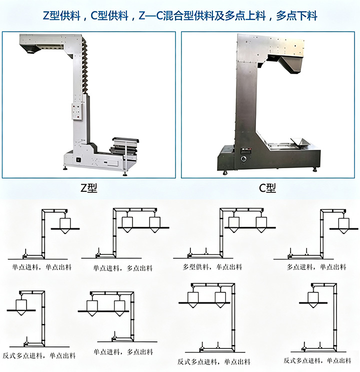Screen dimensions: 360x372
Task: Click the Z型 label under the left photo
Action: [x=89, y=188]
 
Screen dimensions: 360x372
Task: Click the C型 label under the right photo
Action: [x=267, y=188]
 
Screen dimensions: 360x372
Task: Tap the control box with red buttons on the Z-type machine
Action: [x=77, y=112]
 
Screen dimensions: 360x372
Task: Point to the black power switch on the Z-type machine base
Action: [x=78, y=160]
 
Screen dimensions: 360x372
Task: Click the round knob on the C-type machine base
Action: [x=243, y=159]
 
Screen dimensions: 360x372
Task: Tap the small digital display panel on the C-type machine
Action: [x=246, y=150]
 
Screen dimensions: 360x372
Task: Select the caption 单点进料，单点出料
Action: [x=41, y=267]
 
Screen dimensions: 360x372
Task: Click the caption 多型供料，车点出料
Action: [x=212, y=267]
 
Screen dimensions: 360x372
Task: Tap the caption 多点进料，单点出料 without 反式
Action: [x=316, y=267]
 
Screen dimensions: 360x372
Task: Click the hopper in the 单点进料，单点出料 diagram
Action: [x=65, y=226]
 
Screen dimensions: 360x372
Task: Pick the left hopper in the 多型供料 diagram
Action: [x=234, y=224]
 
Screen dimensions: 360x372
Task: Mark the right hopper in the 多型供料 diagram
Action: [x=261, y=224]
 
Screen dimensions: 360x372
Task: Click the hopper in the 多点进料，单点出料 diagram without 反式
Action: [x=344, y=226]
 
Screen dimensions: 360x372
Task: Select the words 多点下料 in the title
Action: [x=296, y=16]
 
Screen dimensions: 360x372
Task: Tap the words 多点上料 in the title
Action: [x=245, y=16]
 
